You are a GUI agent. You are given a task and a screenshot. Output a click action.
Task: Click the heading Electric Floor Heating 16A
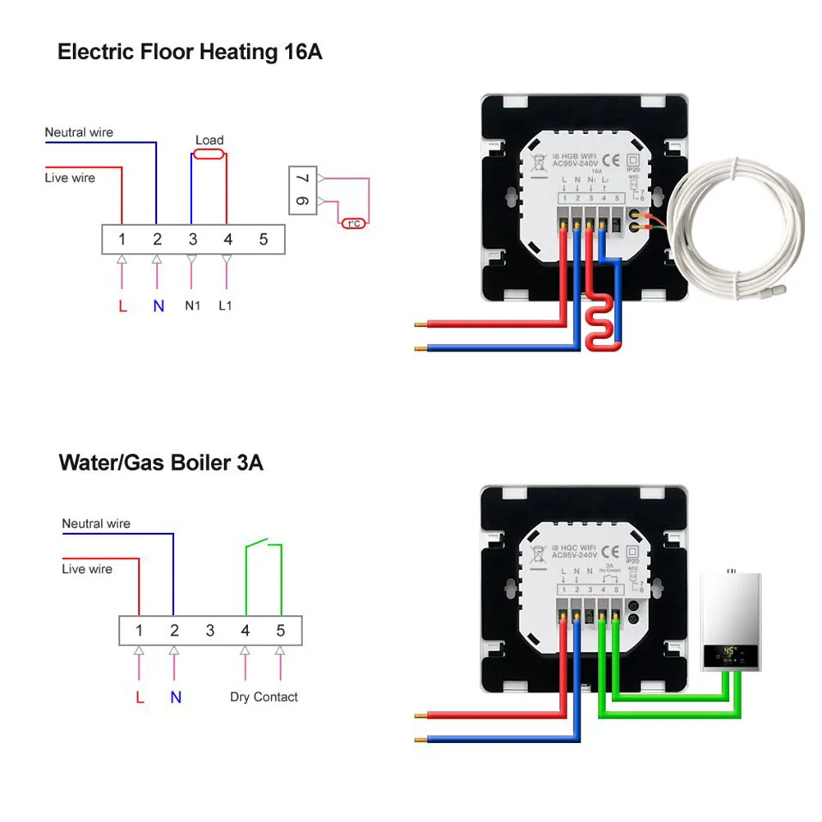click(190, 53)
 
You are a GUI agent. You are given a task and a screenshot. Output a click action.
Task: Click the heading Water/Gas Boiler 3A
click(161, 462)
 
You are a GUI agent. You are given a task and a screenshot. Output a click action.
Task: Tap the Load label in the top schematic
click(209, 140)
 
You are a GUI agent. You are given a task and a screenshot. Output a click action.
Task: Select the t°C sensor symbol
click(355, 223)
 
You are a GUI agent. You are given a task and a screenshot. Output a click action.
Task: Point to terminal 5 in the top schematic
click(264, 240)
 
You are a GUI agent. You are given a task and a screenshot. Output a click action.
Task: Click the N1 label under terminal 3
click(192, 306)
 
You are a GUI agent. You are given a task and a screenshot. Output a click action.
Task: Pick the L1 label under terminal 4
click(227, 306)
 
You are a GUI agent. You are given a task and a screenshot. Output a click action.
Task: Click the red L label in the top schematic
click(122, 306)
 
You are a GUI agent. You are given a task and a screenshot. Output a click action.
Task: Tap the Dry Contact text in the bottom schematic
click(264, 697)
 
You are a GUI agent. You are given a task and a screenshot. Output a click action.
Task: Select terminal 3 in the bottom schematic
click(210, 631)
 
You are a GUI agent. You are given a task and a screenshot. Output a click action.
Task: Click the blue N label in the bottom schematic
click(175, 697)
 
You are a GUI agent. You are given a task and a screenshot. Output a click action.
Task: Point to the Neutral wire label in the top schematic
click(79, 132)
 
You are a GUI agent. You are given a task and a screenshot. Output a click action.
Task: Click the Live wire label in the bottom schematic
click(87, 569)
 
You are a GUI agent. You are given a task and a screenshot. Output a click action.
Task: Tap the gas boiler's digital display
click(729, 654)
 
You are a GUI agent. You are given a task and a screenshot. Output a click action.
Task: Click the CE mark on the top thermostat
click(610, 160)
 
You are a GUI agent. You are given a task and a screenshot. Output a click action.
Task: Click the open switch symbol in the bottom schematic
click(263, 544)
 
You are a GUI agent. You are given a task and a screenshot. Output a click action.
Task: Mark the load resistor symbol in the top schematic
click(209, 153)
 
